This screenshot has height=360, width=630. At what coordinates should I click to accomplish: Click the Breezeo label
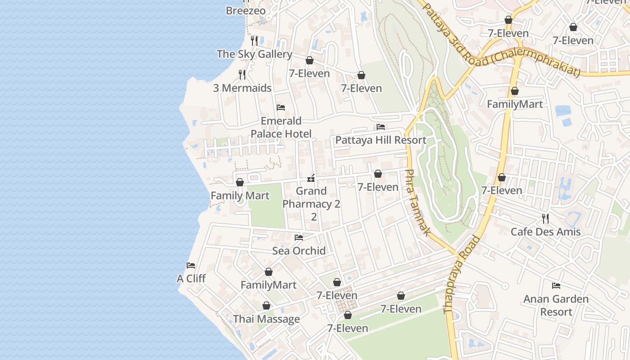[x=246, y=10]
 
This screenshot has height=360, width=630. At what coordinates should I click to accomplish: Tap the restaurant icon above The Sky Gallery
[x=254, y=40]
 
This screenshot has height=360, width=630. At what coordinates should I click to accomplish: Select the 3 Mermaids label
[x=242, y=88]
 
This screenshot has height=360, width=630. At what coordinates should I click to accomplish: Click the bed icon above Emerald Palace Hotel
[x=281, y=108]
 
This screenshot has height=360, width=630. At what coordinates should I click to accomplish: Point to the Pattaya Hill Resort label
[x=381, y=140]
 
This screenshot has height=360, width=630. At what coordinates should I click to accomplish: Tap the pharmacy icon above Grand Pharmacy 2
[x=311, y=178]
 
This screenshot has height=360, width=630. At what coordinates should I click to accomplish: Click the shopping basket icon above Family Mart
[x=240, y=182]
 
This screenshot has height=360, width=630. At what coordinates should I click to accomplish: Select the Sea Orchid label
[x=299, y=251]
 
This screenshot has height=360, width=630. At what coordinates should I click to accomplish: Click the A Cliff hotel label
[x=191, y=279]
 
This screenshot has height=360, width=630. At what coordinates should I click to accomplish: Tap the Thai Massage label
[x=266, y=319]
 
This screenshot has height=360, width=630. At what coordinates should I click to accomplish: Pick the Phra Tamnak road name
[x=418, y=202]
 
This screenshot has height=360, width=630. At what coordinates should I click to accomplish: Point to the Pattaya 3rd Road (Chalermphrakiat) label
[x=502, y=40]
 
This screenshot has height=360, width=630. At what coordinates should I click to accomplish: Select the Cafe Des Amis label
[x=545, y=232]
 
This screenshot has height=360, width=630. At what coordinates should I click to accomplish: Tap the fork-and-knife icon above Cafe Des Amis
[x=545, y=219]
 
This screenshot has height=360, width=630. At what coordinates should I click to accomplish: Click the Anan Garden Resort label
[x=556, y=305]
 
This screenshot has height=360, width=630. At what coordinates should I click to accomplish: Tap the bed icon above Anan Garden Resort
[x=556, y=285]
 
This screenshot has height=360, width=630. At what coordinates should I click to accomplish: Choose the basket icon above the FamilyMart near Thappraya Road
[x=515, y=91]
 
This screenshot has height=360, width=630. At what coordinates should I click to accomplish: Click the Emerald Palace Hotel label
[x=281, y=127]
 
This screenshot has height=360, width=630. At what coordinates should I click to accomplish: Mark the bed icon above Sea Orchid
[x=299, y=237]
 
